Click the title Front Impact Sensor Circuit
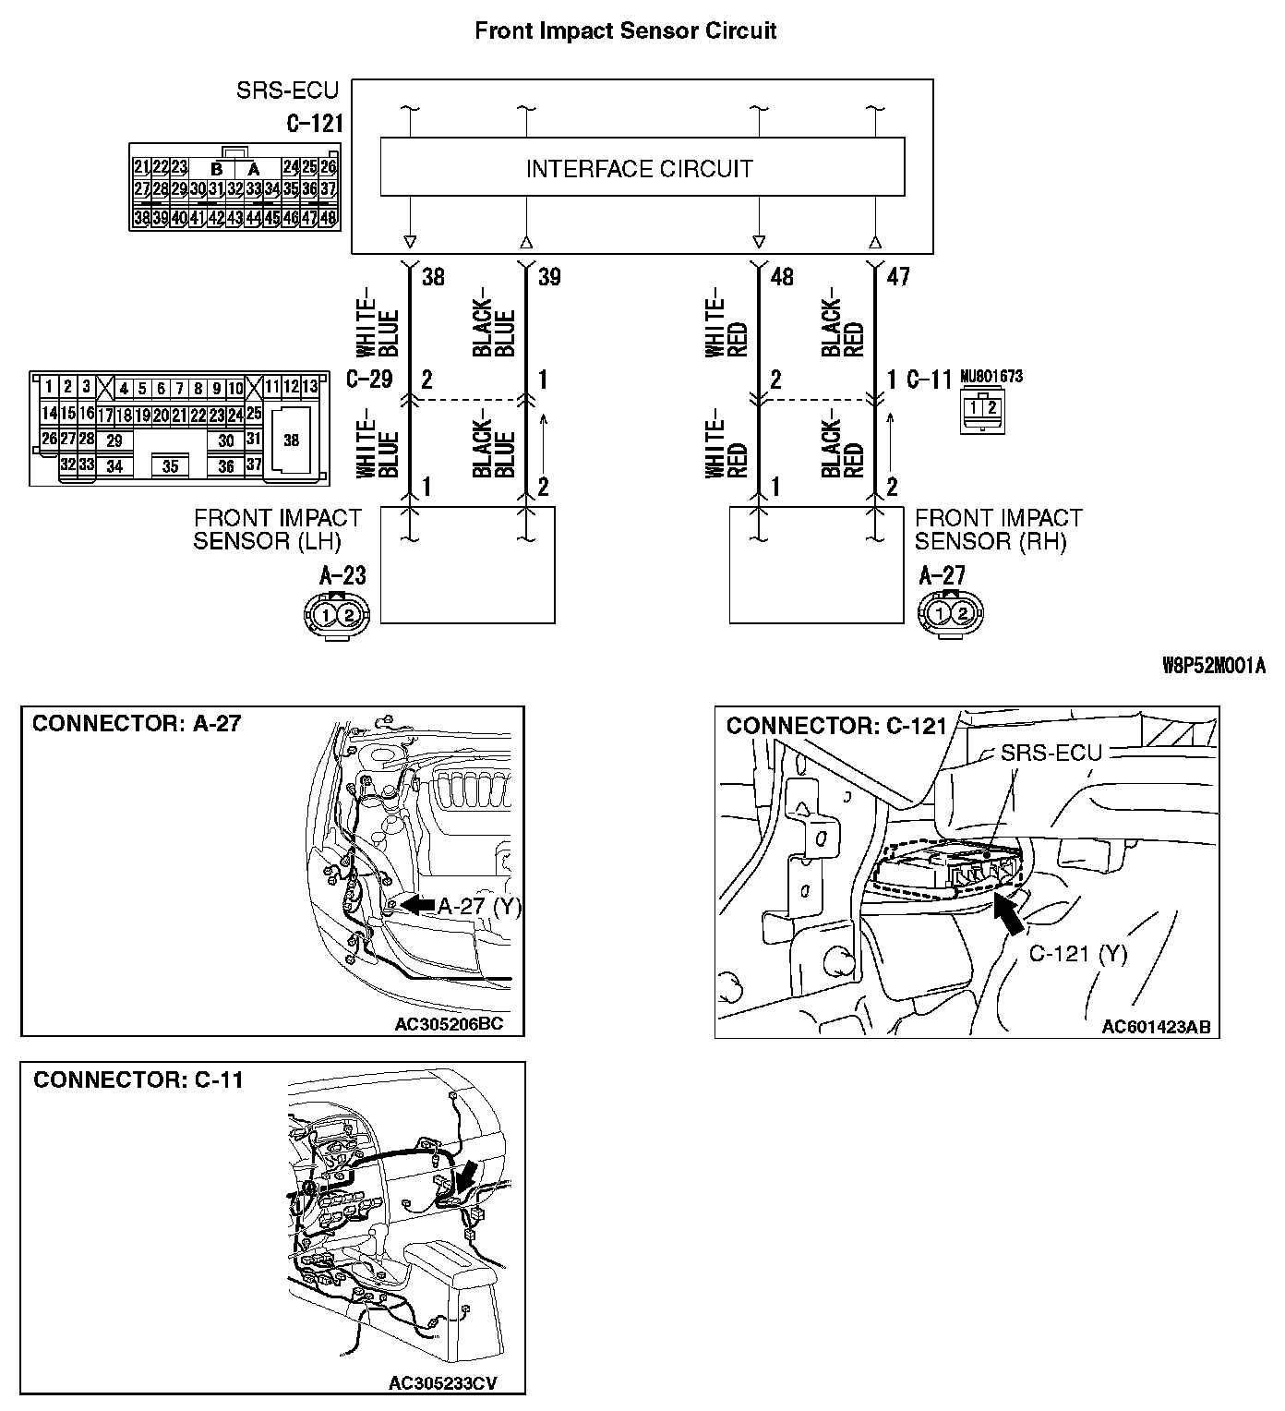625,30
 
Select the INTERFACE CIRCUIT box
642,167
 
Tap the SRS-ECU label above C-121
287,90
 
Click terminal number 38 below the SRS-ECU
433,277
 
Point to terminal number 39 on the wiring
549,277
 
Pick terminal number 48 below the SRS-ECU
781,277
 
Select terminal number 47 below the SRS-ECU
897,277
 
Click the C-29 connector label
370,380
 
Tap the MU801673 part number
991,377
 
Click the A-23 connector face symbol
337,613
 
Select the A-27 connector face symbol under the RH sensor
951,613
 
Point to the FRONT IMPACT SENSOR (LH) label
277,529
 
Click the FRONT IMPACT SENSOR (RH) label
998,529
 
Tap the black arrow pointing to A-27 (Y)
417,906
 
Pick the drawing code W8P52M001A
1213,666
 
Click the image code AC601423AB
1155,1027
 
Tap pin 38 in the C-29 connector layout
291,440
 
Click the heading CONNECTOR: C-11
138,1080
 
